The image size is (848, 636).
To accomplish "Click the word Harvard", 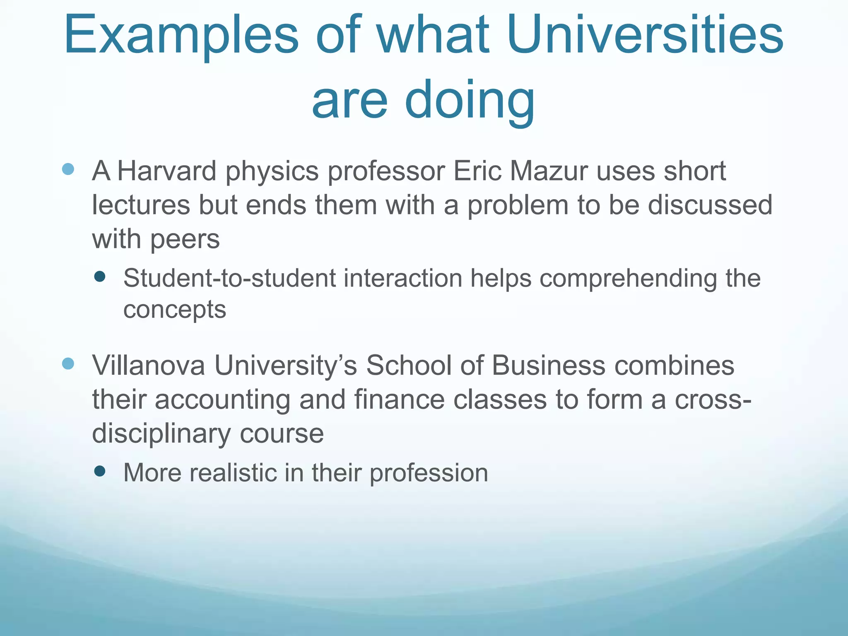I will (x=166, y=171).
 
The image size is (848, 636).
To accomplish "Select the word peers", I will (x=185, y=240).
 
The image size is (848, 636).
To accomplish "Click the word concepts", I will (x=175, y=310).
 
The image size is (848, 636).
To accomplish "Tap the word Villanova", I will (x=148, y=366).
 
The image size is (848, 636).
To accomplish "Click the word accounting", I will (x=222, y=400).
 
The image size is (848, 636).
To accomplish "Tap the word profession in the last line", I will (x=429, y=474).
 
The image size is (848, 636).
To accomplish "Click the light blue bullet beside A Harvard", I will (x=68, y=169).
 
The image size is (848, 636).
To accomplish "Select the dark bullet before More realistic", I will (x=100, y=471).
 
